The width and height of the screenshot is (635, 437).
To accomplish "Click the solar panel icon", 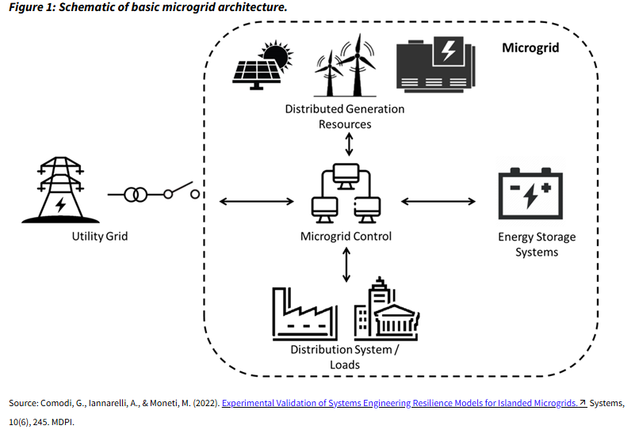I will click(258, 66).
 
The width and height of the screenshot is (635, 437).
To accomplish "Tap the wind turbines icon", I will click(346, 66).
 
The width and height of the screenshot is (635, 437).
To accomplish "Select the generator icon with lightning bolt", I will click(434, 63).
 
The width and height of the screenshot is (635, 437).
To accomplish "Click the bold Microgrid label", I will click(530, 47).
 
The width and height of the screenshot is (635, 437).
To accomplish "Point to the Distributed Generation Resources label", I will click(345, 116).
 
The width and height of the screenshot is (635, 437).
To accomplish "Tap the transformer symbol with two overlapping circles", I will click(139, 194).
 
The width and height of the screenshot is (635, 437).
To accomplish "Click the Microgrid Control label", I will click(346, 236).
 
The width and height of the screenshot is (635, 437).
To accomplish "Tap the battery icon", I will click(530, 193).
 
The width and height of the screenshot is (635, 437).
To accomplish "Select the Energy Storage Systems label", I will click(537, 245).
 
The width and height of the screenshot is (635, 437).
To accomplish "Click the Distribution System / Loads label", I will click(345, 357).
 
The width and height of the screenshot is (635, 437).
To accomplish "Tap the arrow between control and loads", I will click(346, 264).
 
